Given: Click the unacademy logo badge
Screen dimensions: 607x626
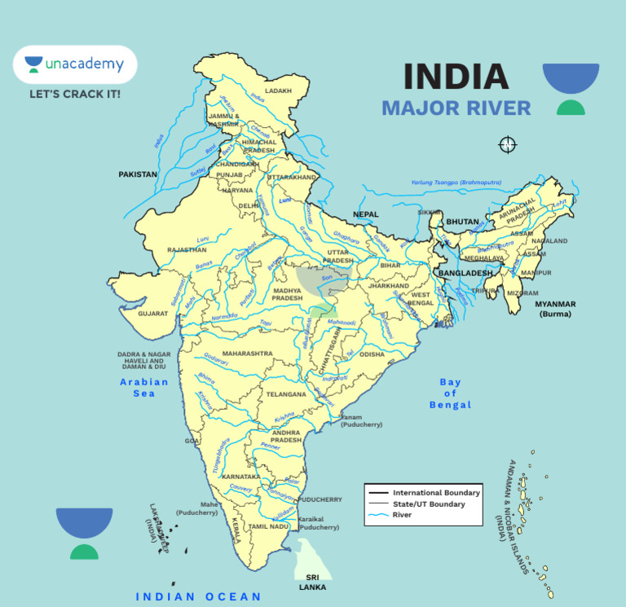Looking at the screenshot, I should (x=74, y=64).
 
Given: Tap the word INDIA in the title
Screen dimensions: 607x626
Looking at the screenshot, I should (x=456, y=77).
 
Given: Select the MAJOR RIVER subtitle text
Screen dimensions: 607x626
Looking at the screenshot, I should (x=456, y=108).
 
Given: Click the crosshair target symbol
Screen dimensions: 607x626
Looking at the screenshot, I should (x=507, y=145).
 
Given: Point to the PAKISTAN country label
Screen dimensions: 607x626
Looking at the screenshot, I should (x=138, y=174).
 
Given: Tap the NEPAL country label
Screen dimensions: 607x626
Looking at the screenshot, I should (x=366, y=214).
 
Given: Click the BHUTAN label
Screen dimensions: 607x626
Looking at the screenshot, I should (x=462, y=222).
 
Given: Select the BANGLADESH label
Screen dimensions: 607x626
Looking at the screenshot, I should (x=465, y=273).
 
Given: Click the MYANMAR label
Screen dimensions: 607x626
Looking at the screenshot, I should (x=555, y=308).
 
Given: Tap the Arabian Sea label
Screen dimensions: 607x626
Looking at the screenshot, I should (x=144, y=387).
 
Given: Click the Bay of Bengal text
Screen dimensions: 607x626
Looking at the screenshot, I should (x=450, y=394).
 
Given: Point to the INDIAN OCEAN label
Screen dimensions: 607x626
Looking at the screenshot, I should (x=199, y=596).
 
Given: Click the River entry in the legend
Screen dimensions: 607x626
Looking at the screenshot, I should (x=403, y=515).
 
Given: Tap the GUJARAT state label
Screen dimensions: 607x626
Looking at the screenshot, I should (x=152, y=313).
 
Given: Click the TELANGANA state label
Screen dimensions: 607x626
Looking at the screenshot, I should (x=286, y=394).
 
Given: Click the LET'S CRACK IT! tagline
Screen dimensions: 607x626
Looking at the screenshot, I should (x=75, y=95).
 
